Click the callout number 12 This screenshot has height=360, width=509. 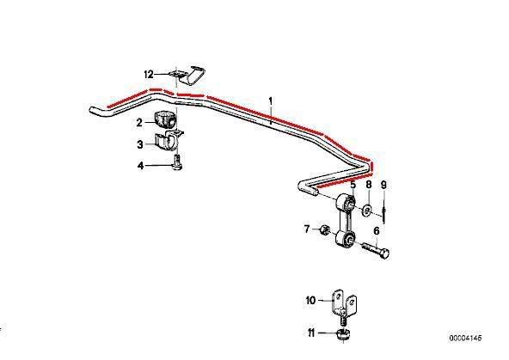click(149, 75)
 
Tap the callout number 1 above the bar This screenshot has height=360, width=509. click(271, 101)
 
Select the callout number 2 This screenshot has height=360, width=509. click(139, 123)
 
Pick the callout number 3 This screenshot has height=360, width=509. click(140, 144)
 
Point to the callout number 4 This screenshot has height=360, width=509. click(140, 166)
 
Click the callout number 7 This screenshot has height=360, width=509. click(307, 229)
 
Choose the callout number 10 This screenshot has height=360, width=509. click(310, 301)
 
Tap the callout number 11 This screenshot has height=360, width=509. click(311, 333)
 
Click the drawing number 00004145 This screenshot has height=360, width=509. click(465, 338)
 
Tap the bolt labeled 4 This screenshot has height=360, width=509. click(177, 162)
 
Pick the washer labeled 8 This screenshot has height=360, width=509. click(367, 211)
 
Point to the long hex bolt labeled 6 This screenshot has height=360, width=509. click(376, 249)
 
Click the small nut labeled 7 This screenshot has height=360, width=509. click(325, 230)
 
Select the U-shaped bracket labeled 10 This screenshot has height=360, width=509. click(343, 304)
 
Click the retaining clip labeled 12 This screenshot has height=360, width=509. click(188, 76)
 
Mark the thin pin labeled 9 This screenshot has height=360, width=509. click(384, 211)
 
